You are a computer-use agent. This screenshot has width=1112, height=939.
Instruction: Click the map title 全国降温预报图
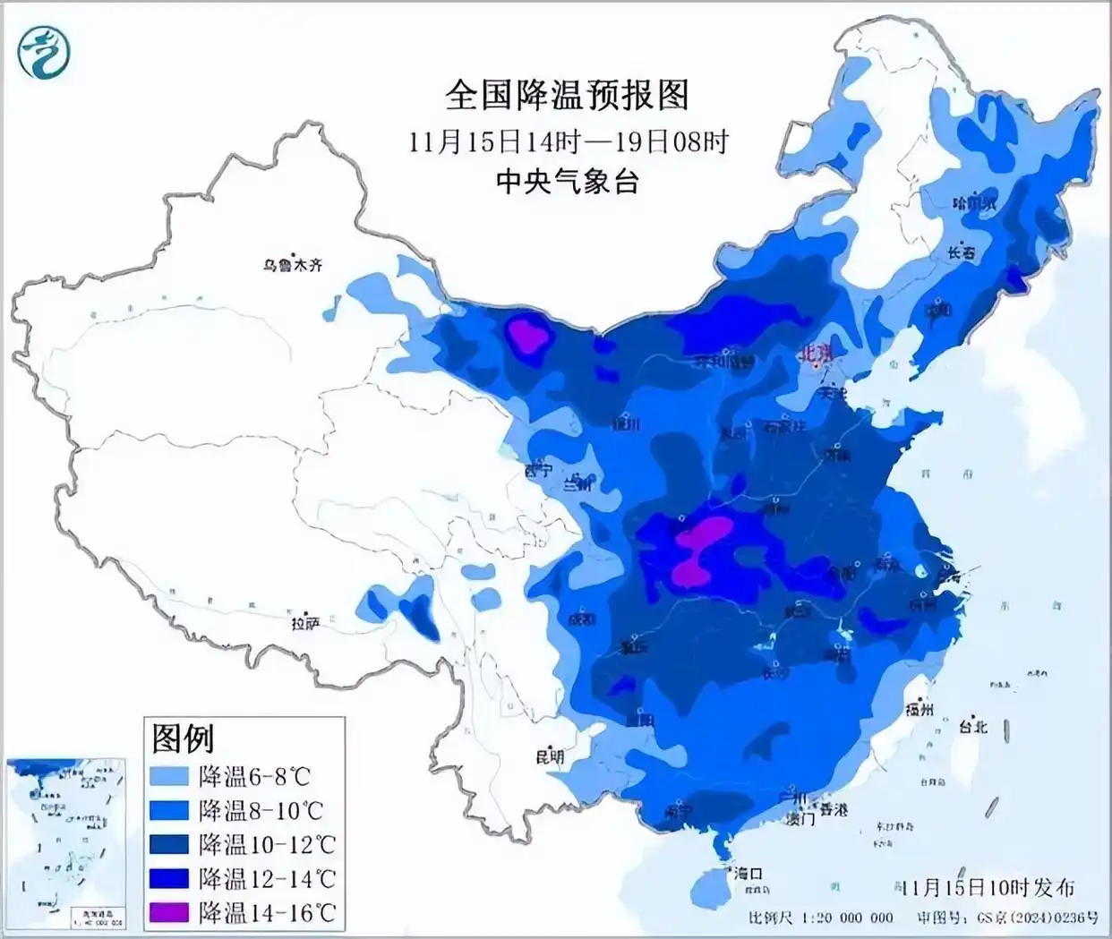pos(567,94)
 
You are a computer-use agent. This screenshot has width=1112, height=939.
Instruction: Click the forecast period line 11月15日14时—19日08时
pos(569,141)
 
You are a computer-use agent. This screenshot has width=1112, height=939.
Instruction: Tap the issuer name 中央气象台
pos(568,182)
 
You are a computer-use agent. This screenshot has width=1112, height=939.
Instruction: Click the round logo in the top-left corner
pos(43,52)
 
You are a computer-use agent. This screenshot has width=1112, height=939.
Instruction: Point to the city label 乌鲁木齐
pos(292,265)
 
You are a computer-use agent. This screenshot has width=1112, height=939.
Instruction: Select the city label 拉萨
pos(304,623)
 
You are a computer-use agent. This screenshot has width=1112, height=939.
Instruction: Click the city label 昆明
pos(550,756)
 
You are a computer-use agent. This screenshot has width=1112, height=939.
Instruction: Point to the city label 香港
pos(832,809)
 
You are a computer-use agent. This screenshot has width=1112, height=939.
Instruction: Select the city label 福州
pos(920,710)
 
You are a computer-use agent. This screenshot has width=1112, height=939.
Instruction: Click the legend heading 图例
pos(184,738)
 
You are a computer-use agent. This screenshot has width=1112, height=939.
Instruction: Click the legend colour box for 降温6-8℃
pos(170,776)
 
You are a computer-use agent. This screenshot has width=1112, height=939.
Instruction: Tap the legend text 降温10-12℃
pos(267,844)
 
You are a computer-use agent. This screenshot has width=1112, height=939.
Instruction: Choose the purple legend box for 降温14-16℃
pos(170,912)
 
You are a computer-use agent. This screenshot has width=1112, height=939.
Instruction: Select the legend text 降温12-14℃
pos(267,878)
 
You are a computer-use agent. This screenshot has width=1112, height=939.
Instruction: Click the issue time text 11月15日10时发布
pos(988,887)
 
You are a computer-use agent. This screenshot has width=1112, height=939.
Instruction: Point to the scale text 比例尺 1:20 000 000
pos(821,918)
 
